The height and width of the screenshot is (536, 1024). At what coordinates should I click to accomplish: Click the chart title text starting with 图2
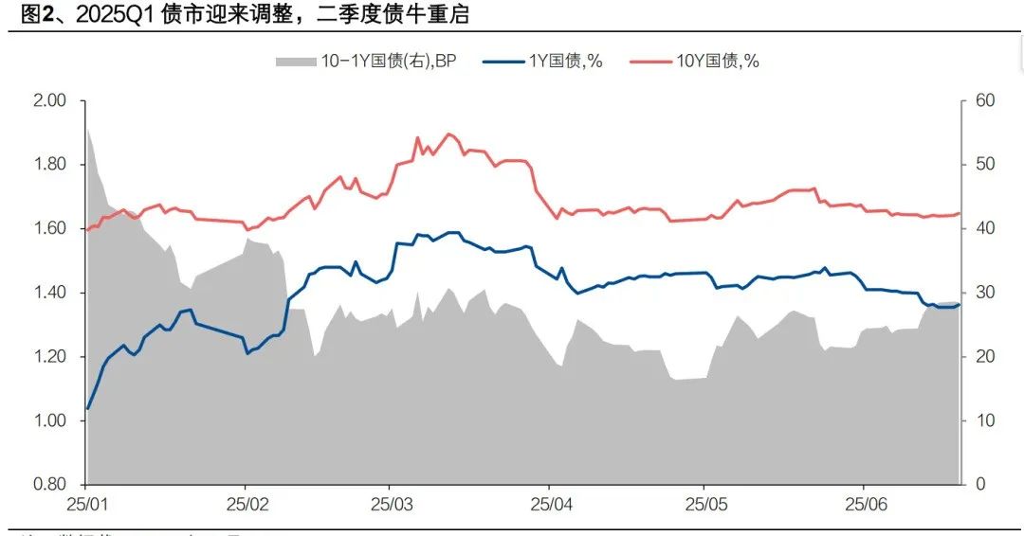click(x=237, y=15)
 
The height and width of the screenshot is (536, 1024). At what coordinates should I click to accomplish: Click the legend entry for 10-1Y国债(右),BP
click(x=366, y=61)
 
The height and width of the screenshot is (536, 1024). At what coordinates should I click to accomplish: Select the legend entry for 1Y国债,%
click(x=542, y=61)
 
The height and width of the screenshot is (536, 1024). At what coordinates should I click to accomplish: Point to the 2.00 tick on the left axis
click(x=50, y=100)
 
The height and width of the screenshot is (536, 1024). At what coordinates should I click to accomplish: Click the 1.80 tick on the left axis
click(x=50, y=165)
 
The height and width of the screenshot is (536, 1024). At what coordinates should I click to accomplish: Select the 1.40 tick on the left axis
click(x=50, y=293)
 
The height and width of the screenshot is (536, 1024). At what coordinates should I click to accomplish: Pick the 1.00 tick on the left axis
click(x=50, y=420)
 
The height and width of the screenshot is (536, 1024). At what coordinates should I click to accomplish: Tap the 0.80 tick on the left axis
click(x=50, y=485)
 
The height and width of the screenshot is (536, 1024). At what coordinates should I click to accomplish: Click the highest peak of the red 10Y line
click(x=448, y=134)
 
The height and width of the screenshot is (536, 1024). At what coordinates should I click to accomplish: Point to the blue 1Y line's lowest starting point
click(x=88, y=408)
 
